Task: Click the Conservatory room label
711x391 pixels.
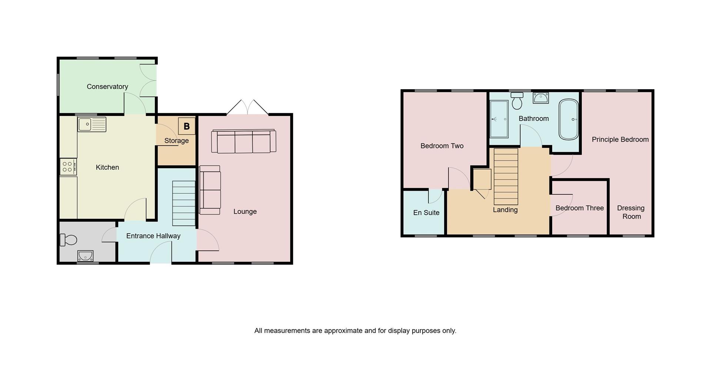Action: pos(107,87)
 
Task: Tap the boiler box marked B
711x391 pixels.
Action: pos(187,126)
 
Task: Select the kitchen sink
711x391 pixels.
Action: pos(92,124)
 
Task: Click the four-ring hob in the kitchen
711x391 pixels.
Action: pos(68,167)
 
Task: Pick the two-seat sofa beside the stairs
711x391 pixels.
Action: pos(210,190)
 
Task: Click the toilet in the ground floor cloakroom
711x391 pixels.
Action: pos(68,240)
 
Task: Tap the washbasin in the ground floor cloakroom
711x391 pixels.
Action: pos(86,255)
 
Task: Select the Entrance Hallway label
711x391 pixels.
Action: pos(153,236)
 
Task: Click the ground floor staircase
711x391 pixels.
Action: pos(184,203)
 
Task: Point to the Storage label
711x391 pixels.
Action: pos(177,141)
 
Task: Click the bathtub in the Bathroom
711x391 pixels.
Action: pos(568,119)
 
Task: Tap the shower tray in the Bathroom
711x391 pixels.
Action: pos(499,119)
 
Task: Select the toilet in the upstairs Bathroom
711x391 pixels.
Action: pos(517,101)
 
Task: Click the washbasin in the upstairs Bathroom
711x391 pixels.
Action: pos(541,98)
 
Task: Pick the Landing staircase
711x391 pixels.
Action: pos(506,176)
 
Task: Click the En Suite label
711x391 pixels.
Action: pos(426,213)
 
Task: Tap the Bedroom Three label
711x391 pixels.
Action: pos(580,208)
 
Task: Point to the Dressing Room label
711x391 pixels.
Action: pos(631,212)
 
